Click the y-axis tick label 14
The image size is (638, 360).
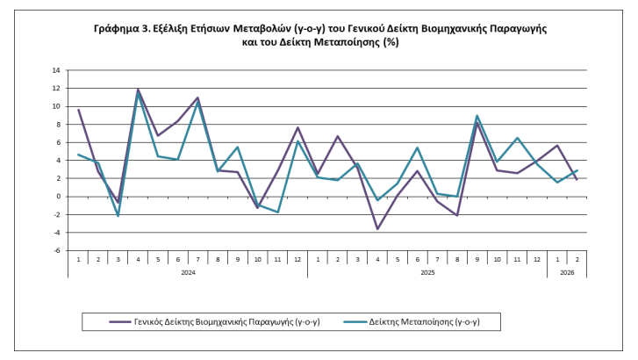click(57, 70)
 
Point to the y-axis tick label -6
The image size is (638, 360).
click(57, 250)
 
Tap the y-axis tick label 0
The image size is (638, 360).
click(58, 197)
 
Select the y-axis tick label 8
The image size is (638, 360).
click(58, 125)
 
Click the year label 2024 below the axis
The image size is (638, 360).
click(188, 272)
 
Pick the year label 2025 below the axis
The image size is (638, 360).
click(427, 272)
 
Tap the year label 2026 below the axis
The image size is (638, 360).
click(566, 272)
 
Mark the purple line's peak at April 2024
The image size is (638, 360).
click(139, 90)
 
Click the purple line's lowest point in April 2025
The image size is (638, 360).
click(377, 229)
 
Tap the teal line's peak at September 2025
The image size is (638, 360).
click(477, 116)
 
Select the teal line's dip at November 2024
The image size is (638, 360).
click(277, 212)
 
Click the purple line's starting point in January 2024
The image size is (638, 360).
click(79, 110)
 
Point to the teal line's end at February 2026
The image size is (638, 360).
click(577, 170)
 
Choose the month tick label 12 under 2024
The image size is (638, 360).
click(297, 259)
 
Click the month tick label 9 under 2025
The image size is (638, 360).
click(477, 259)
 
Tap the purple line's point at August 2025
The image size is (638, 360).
click(457, 215)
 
